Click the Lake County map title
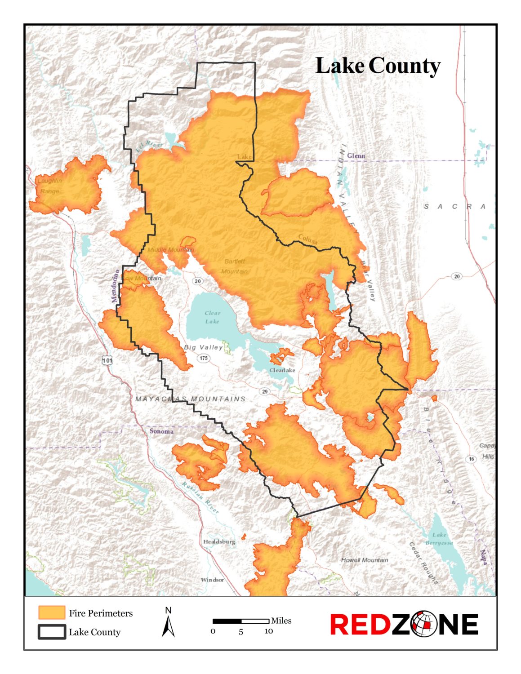pos(378,66)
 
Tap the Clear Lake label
pos(212,317)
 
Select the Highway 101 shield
pos(107,360)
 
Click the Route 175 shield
pos(204,358)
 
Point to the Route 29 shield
pos(265,391)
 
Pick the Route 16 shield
pos(471,459)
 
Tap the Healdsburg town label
pos(219,541)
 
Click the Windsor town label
pos(212,580)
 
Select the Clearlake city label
pos(282,370)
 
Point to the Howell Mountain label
pos(364,560)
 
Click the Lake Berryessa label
pos(439,539)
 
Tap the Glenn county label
pos(356,156)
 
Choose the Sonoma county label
pos(161,431)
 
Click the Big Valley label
pos(203,347)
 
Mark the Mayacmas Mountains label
pos(191,399)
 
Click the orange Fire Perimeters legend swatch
pos(52,612)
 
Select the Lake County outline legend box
pos(52,632)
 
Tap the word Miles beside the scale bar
pos(281,621)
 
